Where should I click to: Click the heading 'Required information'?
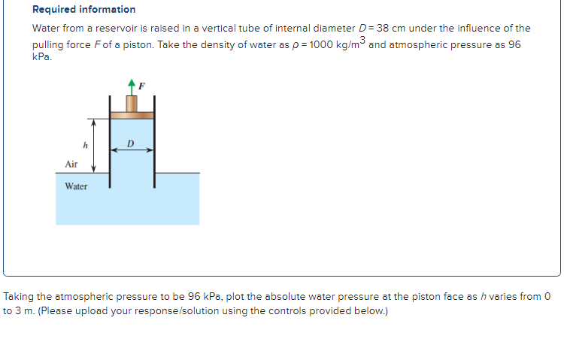[83, 10]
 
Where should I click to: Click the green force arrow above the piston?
[132, 86]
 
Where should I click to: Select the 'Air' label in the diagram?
[71, 163]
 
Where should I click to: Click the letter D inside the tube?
[131, 143]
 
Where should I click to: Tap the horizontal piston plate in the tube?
[132, 115]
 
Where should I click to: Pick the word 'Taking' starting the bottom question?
[19, 296]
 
